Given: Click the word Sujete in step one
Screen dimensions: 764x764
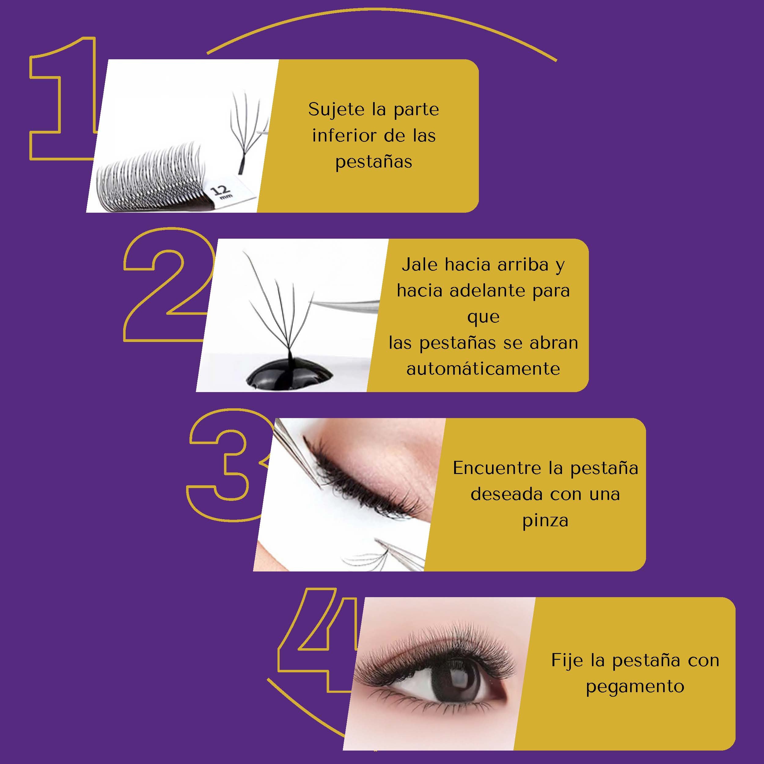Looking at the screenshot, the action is [x=336, y=109].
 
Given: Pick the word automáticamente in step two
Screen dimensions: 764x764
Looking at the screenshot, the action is [x=483, y=369].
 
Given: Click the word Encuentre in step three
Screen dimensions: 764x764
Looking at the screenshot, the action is [x=497, y=468].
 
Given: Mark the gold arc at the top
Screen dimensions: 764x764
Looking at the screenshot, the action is [x=382, y=16].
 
